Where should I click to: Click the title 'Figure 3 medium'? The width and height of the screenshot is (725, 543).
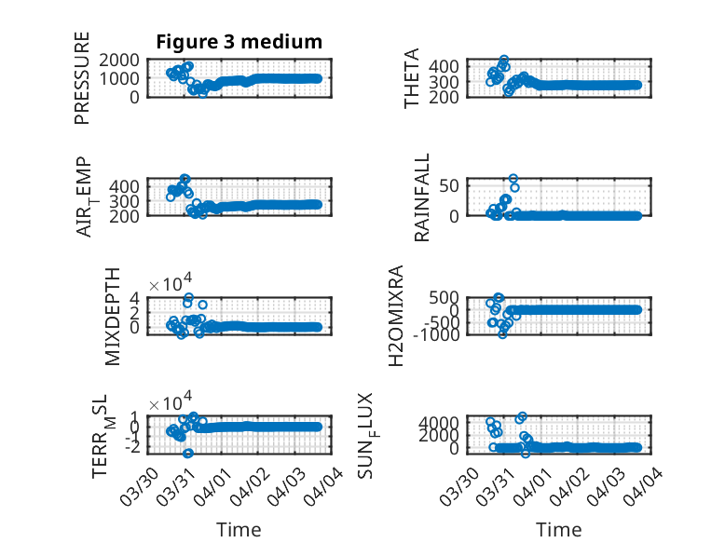click(239, 42)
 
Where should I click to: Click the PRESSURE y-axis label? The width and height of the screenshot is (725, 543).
click(83, 78)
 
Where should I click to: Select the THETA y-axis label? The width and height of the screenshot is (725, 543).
click(412, 78)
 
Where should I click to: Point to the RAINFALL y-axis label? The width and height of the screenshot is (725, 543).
click(422, 197)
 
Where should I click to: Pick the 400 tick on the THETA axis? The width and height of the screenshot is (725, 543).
click(468, 65)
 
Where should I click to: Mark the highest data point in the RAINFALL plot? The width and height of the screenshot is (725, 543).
click(513, 178)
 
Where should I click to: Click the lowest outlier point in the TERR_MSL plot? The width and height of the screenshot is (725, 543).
click(188, 454)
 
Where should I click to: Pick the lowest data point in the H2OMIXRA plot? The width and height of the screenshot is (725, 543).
click(502, 333)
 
